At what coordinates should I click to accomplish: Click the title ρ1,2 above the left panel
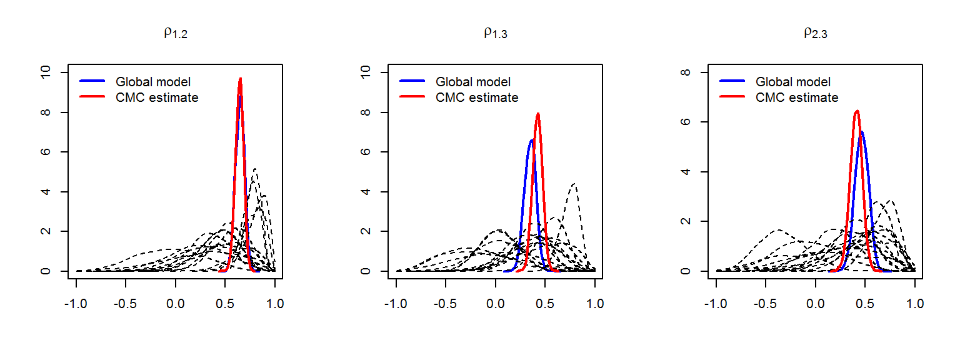tap(176, 32)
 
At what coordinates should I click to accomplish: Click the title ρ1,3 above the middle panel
tap(496, 32)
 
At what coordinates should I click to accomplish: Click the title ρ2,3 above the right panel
tap(816, 32)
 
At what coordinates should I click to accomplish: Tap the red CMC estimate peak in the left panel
tap(240, 79)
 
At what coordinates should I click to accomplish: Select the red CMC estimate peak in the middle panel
tap(537, 114)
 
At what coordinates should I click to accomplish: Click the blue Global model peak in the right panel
tap(862, 132)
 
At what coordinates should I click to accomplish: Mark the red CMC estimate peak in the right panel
tap(857, 111)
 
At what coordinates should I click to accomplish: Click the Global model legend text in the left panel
tap(153, 82)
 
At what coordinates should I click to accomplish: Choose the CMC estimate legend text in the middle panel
tap(477, 97)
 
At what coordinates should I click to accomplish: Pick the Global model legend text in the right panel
tap(793, 82)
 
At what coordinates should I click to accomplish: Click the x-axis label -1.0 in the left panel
tap(76, 304)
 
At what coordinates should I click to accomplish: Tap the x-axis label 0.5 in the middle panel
tap(545, 304)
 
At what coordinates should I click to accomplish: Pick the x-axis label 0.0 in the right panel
tap(816, 304)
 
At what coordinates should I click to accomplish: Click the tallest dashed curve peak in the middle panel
tap(574, 184)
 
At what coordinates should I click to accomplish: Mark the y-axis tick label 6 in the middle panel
tap(364, 152)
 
